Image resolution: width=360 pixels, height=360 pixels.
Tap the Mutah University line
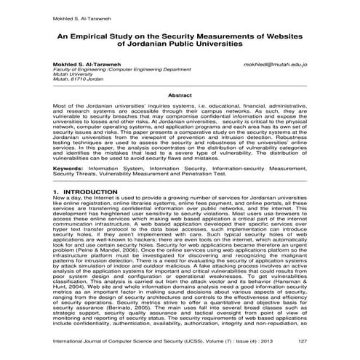(x=76, y=76)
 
